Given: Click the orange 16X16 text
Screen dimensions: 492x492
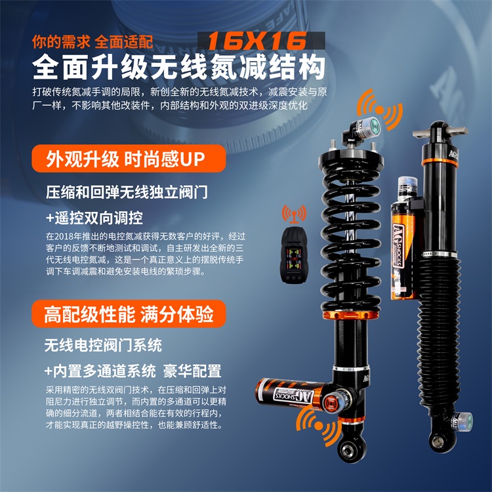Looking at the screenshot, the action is pos(256,41).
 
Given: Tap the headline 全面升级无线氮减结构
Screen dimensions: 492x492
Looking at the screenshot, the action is pos(178,67).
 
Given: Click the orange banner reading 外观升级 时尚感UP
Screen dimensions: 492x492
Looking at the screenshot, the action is pos(129,159).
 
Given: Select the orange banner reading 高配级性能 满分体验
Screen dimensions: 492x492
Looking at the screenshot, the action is pos(129,314).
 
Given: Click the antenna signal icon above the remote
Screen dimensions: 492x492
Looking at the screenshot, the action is pos(294,213).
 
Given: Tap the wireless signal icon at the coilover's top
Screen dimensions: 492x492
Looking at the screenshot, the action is pos(380,109).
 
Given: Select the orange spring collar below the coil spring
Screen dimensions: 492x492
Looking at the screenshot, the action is pos(350,315).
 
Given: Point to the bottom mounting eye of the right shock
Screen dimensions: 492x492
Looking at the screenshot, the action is pos(437,441).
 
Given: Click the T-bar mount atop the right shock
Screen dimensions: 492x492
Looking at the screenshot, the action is pos(440,131).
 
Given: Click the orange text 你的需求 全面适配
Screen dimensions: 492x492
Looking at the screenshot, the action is pos(92,42).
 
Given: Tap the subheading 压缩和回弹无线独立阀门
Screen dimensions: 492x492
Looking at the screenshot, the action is pos(127,192).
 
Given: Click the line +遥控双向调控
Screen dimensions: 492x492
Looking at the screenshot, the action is pos(94,218).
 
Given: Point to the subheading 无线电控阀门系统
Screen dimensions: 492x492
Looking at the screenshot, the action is pos(103,345).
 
